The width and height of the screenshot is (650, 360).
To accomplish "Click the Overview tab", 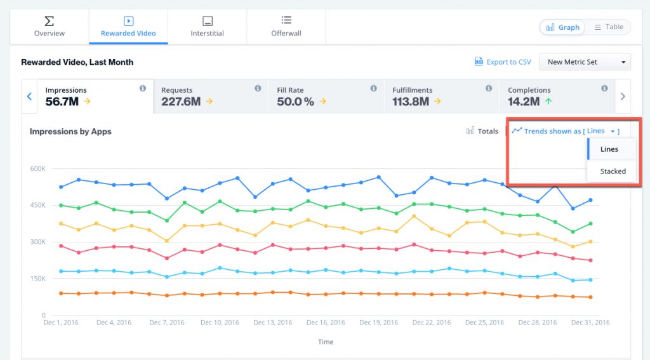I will [x=50, y=27].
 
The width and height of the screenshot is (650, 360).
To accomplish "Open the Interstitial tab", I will [x=207, y=27].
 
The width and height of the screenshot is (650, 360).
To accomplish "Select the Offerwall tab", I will [x=286, y=27].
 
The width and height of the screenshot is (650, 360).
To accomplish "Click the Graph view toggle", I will [x=562, y=27].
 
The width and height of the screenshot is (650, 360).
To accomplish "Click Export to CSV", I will [x=503, y=62].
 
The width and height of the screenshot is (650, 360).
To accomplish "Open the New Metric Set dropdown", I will [x=585, y=62].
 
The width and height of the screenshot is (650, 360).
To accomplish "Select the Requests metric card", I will [x=211, y=97].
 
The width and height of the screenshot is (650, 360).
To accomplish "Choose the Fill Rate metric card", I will [x=326, y=97].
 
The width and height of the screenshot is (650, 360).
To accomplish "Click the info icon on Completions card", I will [x=604, y=88].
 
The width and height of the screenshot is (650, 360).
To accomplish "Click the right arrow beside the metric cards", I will [x=623, y=97].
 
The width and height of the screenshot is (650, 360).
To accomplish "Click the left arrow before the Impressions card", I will [x=29, y=97].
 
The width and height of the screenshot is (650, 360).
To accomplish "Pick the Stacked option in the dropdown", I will [x=613, y=171].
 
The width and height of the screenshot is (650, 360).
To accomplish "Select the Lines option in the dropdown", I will [x=609, y=149].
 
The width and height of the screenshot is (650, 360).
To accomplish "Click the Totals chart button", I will [x=482, y=131].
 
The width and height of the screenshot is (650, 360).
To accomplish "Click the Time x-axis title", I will [x=325, y=342].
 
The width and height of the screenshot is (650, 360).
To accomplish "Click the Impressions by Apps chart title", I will [x=70, y=131].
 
